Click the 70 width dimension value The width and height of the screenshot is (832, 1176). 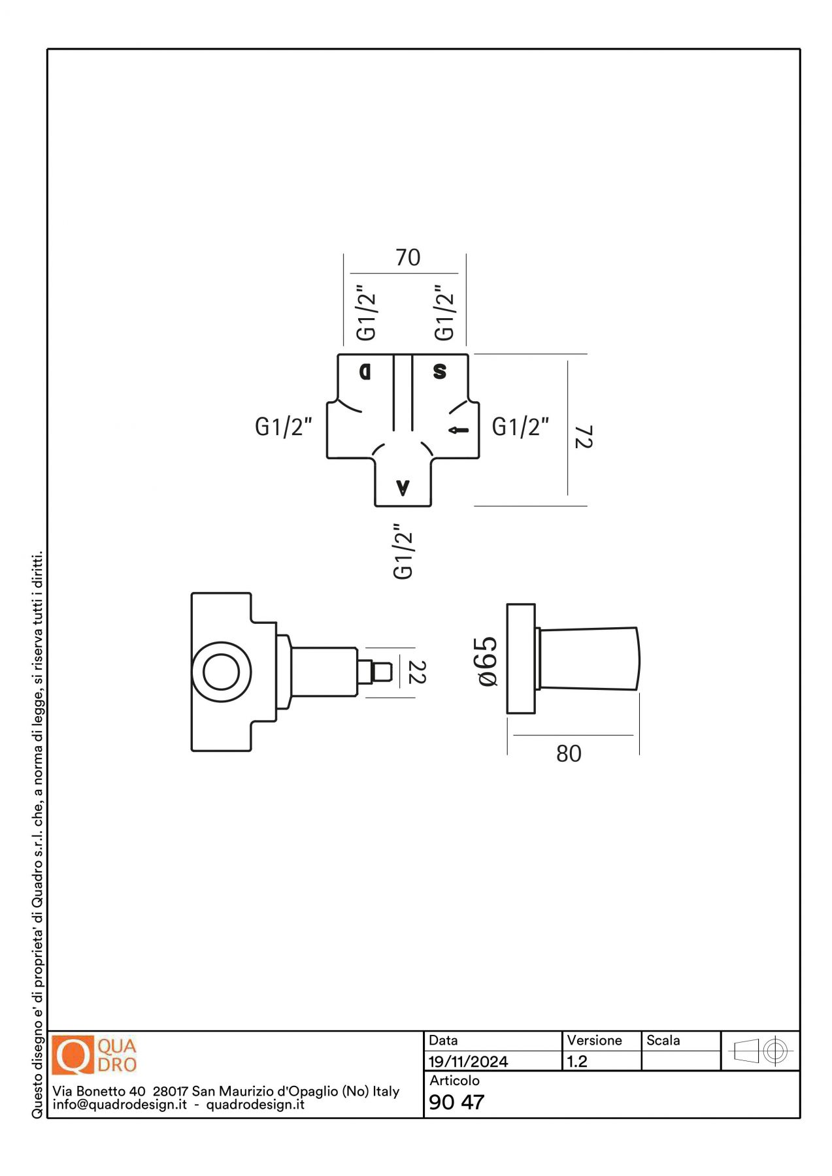(x=408, y=257)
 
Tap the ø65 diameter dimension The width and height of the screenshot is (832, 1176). (x=488, y=661)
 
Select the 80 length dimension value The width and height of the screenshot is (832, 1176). (x=569, y=753)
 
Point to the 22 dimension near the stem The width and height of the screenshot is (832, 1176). (x=416, y=672)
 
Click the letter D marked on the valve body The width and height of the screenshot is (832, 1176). (x=365, y=372)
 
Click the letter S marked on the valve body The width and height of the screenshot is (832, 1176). (x=440, y=371)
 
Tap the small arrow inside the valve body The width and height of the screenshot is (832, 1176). (x=459, y=430)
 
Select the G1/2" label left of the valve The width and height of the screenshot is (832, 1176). (x=283, y=427)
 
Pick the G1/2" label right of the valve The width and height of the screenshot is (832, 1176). (x=520, y=427)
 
